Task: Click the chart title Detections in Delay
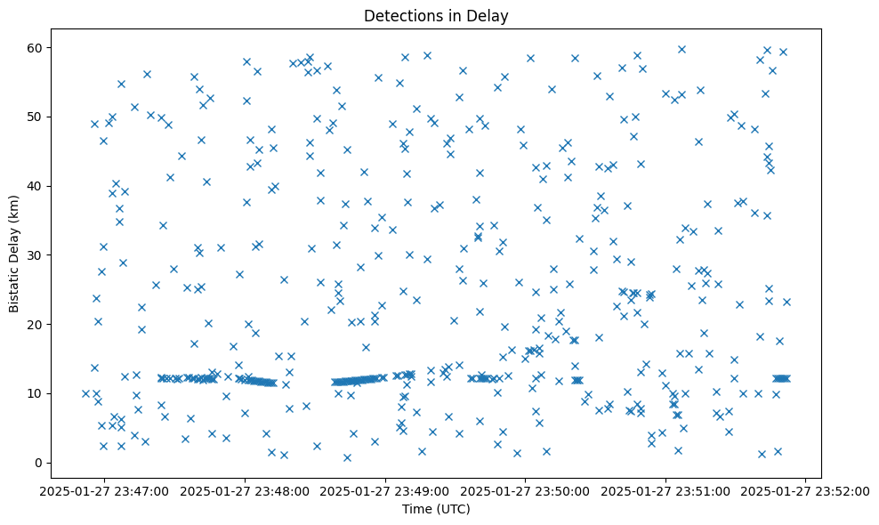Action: pos(436,16)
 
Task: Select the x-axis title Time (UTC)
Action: pos(436,509)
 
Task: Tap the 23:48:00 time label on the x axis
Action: pos(246,490)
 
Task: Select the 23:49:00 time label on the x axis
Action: pos(386,490)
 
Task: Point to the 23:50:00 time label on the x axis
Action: pos(526,490)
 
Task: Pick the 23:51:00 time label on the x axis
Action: pos(666,490)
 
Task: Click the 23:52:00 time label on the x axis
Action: pos(806,490)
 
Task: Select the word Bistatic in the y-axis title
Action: pos(14,284)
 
